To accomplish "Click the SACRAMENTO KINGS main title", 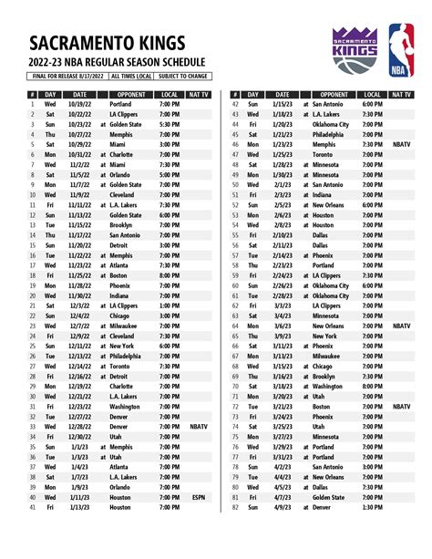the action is tap(108, 44).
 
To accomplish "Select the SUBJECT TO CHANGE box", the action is tap(184, 78).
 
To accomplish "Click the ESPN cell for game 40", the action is tap(199, 497).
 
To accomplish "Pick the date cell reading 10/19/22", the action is tap(80, 105).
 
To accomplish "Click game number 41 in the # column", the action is tap(32, 507).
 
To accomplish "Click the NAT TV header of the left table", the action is tap(199, 95).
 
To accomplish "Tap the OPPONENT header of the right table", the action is tap(334, 95).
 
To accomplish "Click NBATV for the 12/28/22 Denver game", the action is tap(199, 427).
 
